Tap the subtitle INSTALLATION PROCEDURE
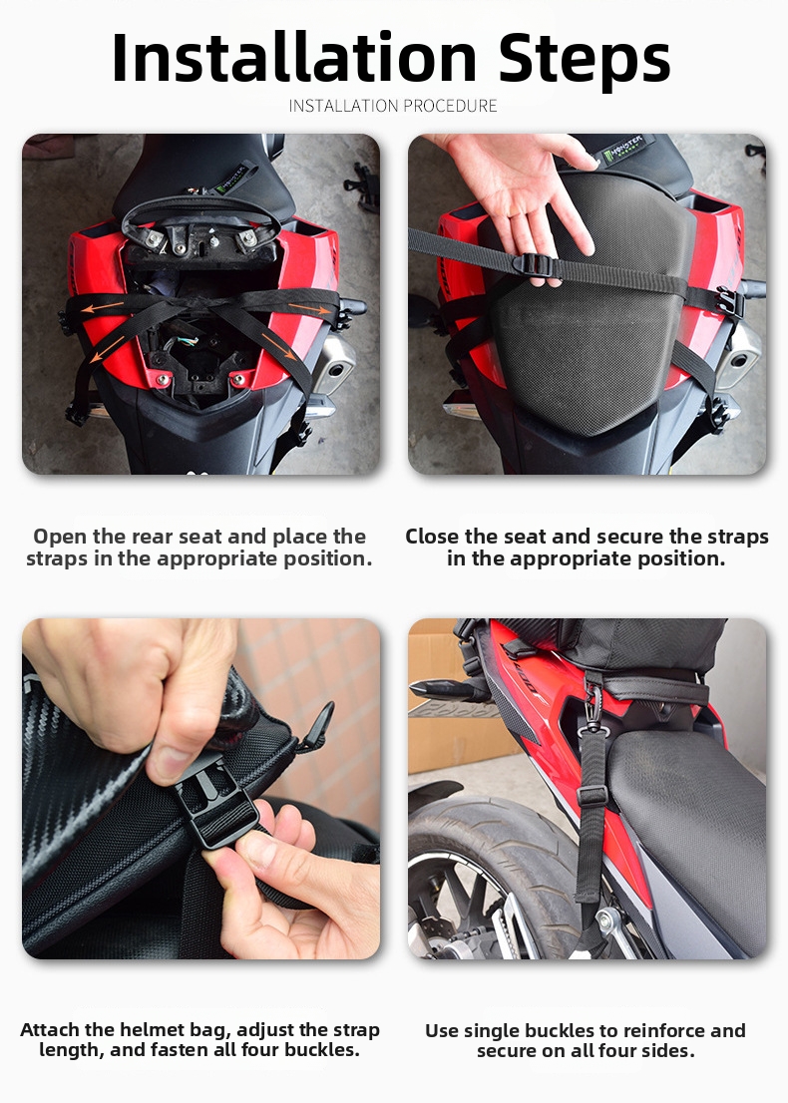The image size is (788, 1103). pos(393,106)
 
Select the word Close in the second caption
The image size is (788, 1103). pos(436,537)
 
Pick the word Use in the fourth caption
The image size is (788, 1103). pos(442,1030)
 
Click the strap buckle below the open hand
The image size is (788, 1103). pos(536,266)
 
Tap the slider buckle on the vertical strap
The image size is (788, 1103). pos(591,795)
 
